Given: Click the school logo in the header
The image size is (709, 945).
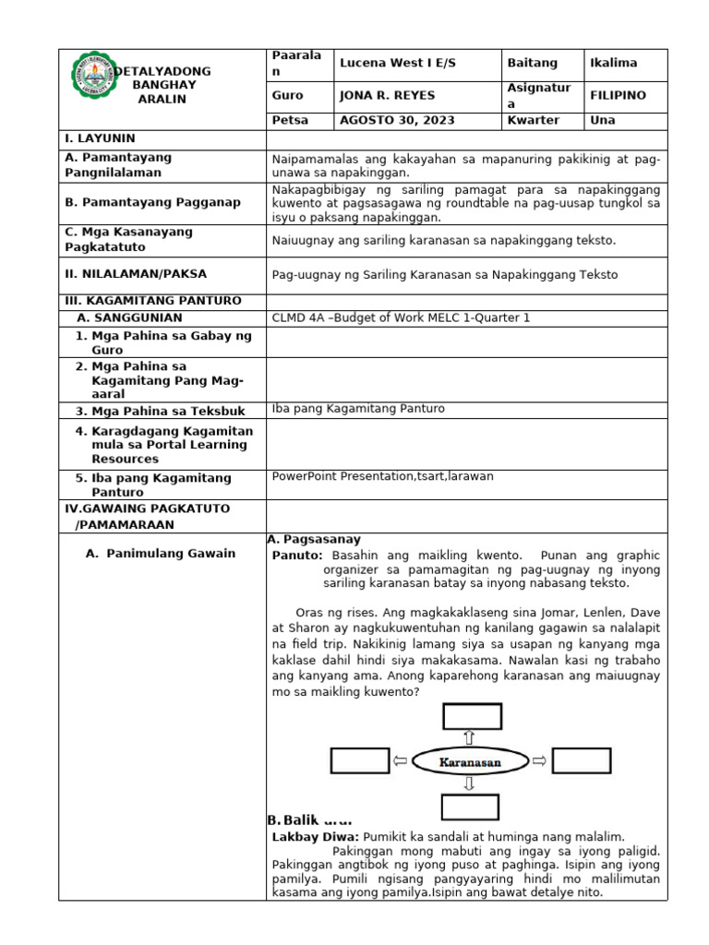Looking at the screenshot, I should (x=97, y=84).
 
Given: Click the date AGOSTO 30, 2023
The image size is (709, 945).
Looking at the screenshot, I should (x=384, y=121).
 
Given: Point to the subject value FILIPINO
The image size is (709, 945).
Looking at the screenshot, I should (x=618, y=96).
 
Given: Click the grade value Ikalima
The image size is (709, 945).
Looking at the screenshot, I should (x=613, y=63).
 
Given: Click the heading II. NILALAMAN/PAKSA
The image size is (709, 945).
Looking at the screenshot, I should (x=136, y=274).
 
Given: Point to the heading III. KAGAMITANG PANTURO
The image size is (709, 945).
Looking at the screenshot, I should (x=152, y=301).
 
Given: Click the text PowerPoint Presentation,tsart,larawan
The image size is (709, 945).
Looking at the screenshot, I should (x=383, y=476).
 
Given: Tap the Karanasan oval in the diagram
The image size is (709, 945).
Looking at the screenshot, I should (x=469, y=761).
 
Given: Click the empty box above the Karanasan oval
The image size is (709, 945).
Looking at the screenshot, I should (x=469, y=716).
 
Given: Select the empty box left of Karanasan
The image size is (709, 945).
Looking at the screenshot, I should (x=360, y=760).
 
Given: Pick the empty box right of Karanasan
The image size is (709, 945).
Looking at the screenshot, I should (x=582, y=760).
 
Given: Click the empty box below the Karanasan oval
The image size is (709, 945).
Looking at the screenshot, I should (x=469, y=807).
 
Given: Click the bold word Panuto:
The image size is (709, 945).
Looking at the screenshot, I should (x=297, y=556).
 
